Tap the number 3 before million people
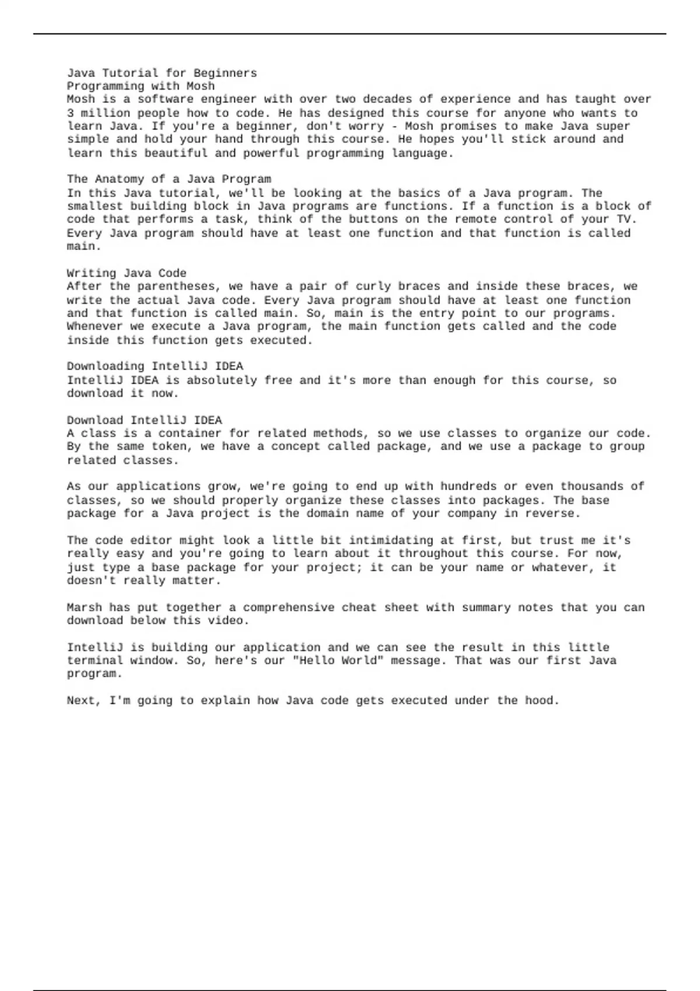pos(70,113)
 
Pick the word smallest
pos(95,206)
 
